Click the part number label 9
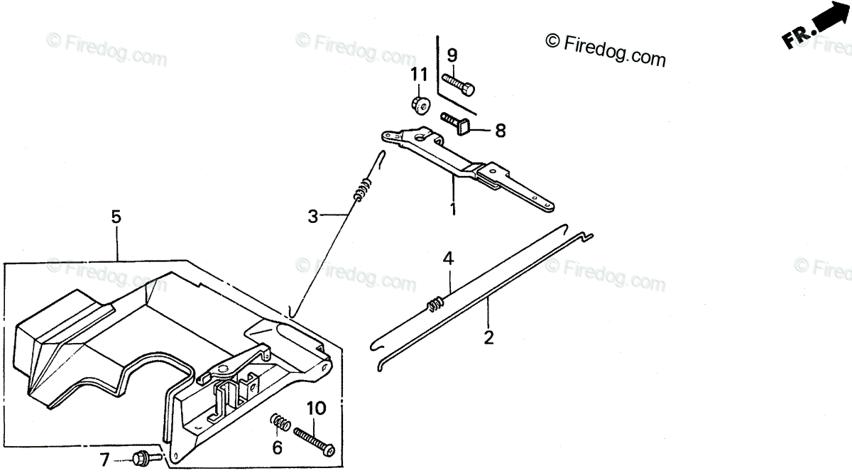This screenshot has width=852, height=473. point(452,55)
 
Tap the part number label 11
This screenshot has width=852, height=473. point(419,75)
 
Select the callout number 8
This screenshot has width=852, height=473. point(500,131)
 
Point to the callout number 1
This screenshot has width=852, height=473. point(452,210)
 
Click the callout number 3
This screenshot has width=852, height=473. point(312,217)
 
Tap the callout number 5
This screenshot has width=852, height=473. point(116,217)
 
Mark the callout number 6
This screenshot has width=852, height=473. point(277,447)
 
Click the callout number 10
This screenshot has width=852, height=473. point(316,408)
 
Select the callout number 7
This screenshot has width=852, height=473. point(105,460)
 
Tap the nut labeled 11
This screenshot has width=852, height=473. point(419,104)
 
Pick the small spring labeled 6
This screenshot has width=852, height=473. point(280,425)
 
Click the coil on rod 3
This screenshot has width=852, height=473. point(361,189)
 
